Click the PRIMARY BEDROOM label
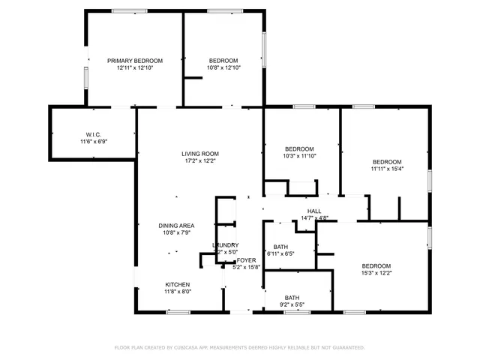point(135,61)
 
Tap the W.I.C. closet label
point(94,134)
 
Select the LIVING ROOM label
point(199,154)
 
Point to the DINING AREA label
point(177,226)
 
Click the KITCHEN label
point(178,284)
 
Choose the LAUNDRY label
point(225,245)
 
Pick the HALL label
point(314,211)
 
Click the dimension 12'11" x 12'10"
point(135,67)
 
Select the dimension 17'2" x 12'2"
point(199,160)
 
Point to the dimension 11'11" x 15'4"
point(387,169)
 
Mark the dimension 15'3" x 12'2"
point(376,273)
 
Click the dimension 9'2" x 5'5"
point(292,305)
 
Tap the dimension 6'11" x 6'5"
point(281,253)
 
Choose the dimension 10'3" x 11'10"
point(299,156)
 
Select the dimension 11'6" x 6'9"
point(94,141)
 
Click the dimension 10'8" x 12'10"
point(223,67)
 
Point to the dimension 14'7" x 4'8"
point(314,217)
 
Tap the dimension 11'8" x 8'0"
point(178,291)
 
